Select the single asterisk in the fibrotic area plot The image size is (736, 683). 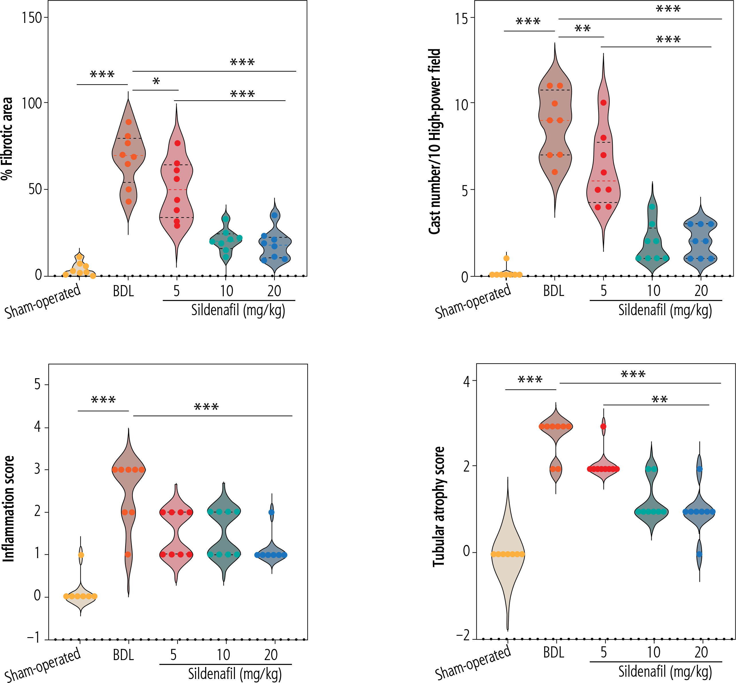(x=156, y=82)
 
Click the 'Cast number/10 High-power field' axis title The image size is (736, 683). (x=435, y=142)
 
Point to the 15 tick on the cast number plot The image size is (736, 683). (x=462, y=19)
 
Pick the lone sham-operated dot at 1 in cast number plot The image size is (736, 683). (x=507, y=258)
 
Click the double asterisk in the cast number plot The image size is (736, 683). (x=583, y=28)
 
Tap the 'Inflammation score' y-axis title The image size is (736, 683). (x=9, y=509)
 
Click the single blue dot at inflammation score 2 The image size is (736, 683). (x=272, y=512)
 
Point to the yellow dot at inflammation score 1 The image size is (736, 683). (x=81, y=555)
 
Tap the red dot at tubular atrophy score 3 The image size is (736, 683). (x=603, y=427)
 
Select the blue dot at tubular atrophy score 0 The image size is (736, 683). (x=699, y=554)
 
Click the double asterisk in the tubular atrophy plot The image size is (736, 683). (x=660, y=400)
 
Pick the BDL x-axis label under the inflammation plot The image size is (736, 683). (x=123, y=655)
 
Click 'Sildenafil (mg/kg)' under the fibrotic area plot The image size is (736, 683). (x=238, y=310)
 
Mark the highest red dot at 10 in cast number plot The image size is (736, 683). (x=603, y=103)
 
